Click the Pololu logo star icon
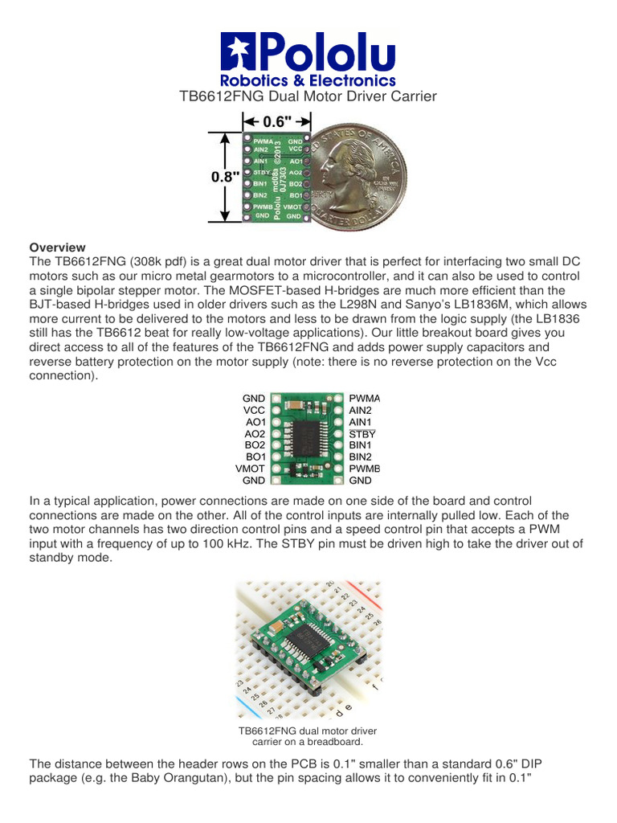tap(239, 53)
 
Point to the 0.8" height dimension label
tap(226, 177)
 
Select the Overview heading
tap(57, 247)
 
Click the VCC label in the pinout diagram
tap(254, 410)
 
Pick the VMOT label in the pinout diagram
tap(250, 469)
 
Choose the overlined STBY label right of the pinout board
tap(362, 433)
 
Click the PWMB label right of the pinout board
tap(364, 469)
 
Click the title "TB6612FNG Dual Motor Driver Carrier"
tap(308, 96)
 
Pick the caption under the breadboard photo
tap(308, 736)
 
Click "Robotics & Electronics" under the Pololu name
tap(308, 80)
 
